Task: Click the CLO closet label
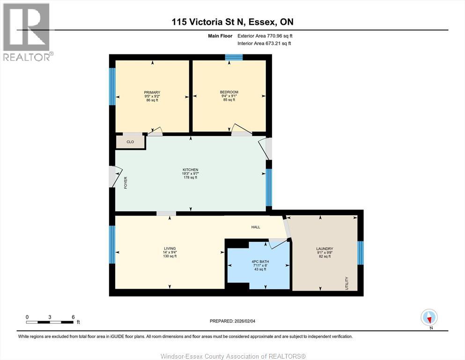(130, 142)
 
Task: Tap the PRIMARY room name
(152, 92)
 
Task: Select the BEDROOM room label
(229, 92)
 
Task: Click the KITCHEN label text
(191, 170)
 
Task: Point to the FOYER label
(125, 183)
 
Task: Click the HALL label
(256, 227)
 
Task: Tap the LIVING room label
(170, 248)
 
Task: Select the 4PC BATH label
(260, 262)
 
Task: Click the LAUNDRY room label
(325, 249)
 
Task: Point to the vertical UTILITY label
(347, 283)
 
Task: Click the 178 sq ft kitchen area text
(191, 178)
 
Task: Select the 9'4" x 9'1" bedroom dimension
(229, 96)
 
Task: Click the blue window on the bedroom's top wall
(234, 57)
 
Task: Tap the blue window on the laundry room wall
(360, 253)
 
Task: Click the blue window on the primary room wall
(112, 86)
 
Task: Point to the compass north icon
(429, 317)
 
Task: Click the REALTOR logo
(27, 32)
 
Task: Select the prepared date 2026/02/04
(244, 321)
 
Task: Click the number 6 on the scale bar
(73, 317)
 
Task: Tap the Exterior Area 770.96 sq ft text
(265, 36)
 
